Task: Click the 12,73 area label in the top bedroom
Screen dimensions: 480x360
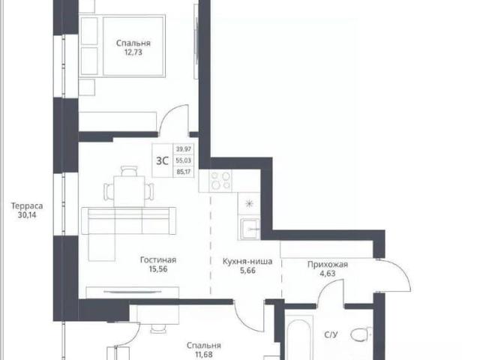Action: point(133,52)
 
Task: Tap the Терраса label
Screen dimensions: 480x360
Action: point(27,205)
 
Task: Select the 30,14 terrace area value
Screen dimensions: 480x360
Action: point(27,215)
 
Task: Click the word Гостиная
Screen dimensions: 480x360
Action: point(158,260)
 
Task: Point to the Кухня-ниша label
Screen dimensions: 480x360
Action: point(247,262)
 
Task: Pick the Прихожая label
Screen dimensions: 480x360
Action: point(328,265)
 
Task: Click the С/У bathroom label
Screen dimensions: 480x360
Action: point(331,335)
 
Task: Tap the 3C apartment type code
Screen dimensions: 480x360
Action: point(162,160)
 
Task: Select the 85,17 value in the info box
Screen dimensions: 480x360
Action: point(184,172)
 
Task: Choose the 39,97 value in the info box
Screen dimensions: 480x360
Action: point(184,149)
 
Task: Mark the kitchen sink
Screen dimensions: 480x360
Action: point(250,229)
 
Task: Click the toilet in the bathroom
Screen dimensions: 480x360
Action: point(361,335)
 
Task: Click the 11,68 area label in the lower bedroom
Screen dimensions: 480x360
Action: point(204,355)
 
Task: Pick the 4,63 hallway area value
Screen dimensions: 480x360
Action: point(328,274)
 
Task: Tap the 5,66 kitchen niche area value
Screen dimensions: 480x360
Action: point(247,271)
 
